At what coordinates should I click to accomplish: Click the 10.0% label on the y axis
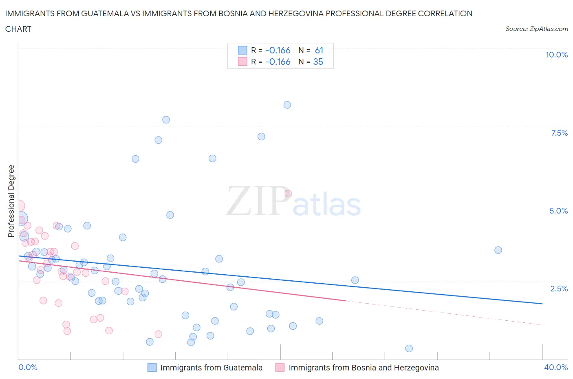(x=556, y=55)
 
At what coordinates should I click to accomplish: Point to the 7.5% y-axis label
(x=559, y=133)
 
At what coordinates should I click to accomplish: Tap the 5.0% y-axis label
(x=558, y=211)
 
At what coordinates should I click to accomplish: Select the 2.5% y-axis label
(x=559, y=289)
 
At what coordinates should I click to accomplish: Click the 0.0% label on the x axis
(x=28, y=367)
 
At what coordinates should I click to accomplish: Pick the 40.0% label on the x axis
(x=556, y=367)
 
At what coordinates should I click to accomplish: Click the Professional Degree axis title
(x=11, y=201)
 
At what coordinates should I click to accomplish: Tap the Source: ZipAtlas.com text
(x=536, y=29)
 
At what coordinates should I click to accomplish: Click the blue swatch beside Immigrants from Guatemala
(x=152, y=368)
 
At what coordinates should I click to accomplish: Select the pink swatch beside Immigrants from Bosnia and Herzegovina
(x=280, y=368)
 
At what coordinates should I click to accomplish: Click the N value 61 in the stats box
(x=319, y=51)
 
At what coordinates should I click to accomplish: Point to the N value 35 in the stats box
(x=318, y=62)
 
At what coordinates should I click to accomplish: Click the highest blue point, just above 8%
(x=287, y=105)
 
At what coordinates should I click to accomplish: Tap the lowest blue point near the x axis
(x=409, y=348)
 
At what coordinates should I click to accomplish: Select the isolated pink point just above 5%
(x=288, y=194)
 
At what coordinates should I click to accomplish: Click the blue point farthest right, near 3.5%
(x=498, y=250)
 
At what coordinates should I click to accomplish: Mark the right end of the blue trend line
(x=542, y=304)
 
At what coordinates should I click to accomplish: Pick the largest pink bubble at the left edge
(x=19, y=206)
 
